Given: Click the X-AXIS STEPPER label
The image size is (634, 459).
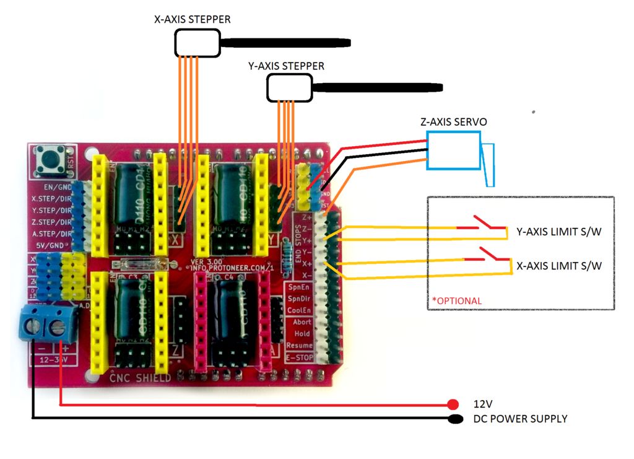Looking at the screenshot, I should click(192, 20).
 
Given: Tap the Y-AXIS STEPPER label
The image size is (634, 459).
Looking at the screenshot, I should click(286, 66).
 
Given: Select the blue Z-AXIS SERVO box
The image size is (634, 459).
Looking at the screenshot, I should click(453, 151).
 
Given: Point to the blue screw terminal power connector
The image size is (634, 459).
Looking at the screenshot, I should click(48, 322).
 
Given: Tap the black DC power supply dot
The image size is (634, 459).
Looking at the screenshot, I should click(455, 419).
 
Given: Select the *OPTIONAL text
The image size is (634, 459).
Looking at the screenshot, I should click(456, 301).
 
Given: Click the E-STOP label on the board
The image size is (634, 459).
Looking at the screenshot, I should click(298, 357).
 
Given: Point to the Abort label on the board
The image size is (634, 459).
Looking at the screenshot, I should click(301, 321).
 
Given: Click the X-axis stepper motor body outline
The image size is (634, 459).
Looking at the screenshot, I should click(198, 43).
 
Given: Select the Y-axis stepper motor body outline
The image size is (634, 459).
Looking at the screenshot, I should click(289, 88).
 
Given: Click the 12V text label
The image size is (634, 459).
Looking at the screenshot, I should click(483, 403).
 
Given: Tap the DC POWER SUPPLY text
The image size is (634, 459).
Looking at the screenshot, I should click(520, 419).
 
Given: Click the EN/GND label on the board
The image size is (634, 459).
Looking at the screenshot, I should click(54, 186).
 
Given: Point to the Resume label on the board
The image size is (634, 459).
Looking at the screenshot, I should click(298, 346).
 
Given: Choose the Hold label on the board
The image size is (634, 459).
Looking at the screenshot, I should click(302, 333).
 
